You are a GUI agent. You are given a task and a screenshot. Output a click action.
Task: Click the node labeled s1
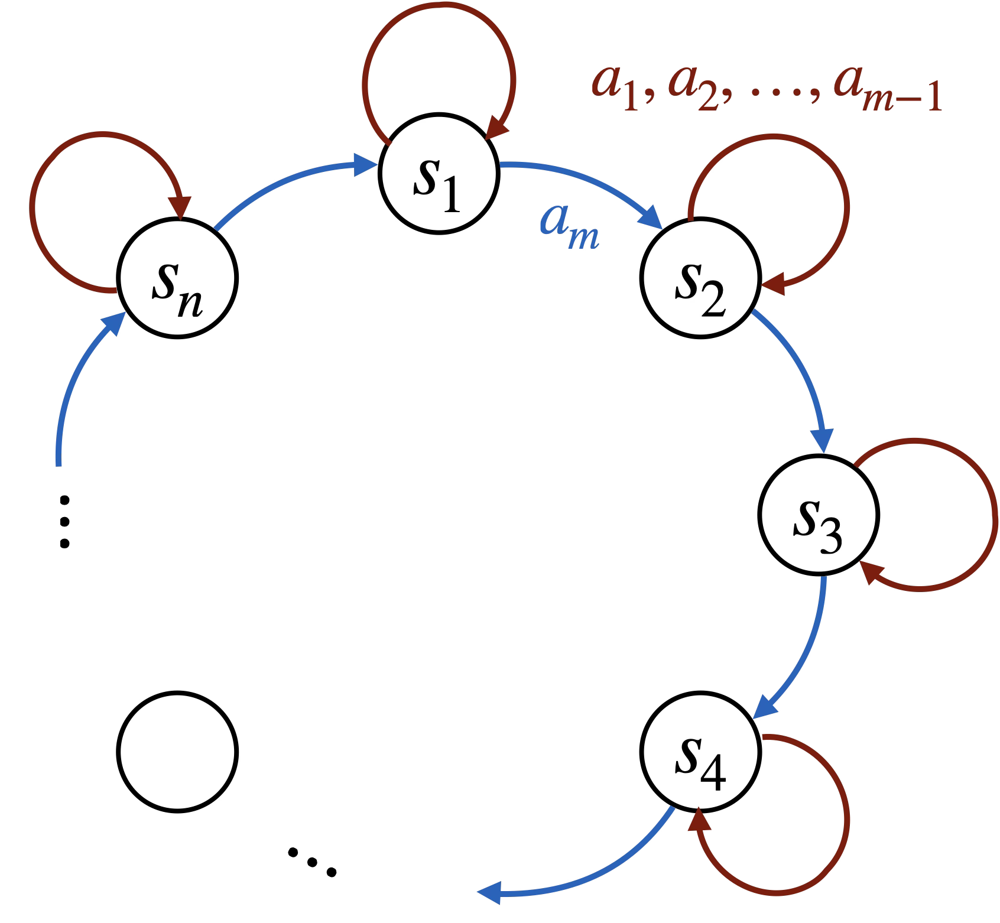point(439,173)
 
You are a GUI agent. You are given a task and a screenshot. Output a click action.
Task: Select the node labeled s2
point(700,278)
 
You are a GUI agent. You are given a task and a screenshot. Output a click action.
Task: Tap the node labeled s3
point(819,515)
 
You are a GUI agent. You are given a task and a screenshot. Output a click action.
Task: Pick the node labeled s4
point(700,752)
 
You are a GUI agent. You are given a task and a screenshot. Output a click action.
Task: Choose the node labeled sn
point(177,278)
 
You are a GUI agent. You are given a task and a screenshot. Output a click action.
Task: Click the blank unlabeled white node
point(177,752)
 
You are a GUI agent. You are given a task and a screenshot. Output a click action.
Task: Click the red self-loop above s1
point(439,7)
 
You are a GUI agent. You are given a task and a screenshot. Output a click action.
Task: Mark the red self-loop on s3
point(994,514)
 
